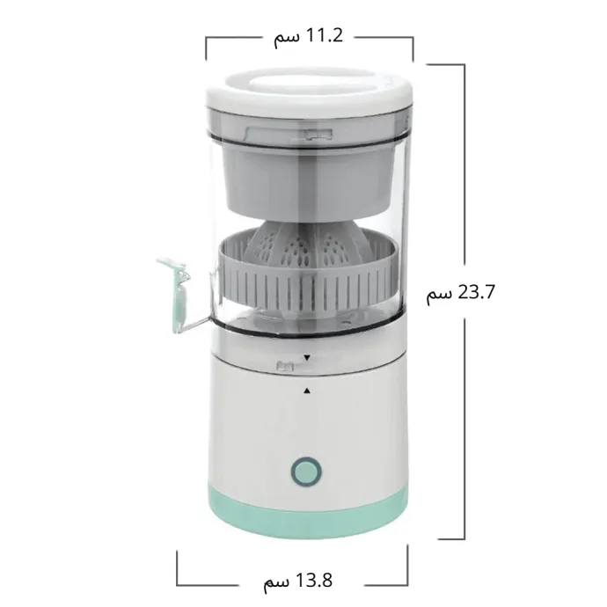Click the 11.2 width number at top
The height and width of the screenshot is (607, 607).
click(325, 35)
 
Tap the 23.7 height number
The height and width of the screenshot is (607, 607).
click(476, 292)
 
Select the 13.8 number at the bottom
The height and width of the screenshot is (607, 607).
click(314, 581)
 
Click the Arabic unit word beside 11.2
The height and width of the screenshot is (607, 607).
click(287, 38)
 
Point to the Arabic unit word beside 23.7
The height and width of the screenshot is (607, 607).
click(439, 295)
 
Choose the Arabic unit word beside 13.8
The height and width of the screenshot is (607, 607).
click(276, 583)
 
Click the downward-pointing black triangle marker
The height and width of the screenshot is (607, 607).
click(307, 358)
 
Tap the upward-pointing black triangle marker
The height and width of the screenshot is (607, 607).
click(307, 391)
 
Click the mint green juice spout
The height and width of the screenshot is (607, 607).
click(178, 294)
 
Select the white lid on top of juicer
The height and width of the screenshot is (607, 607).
click(310, 92)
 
